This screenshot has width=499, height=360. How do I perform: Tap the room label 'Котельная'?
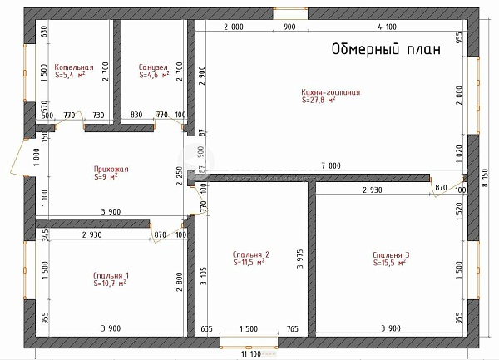[x=74, y=67]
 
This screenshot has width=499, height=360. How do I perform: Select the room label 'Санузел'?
[x=154, y=67]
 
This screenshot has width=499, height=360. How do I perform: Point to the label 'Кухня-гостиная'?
[x=331, y=92]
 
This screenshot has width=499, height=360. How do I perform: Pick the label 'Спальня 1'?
[x=111, y=275]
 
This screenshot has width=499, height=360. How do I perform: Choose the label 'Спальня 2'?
[x=250, y=254]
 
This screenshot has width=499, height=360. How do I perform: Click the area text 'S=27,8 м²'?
[x=319, y=101]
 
